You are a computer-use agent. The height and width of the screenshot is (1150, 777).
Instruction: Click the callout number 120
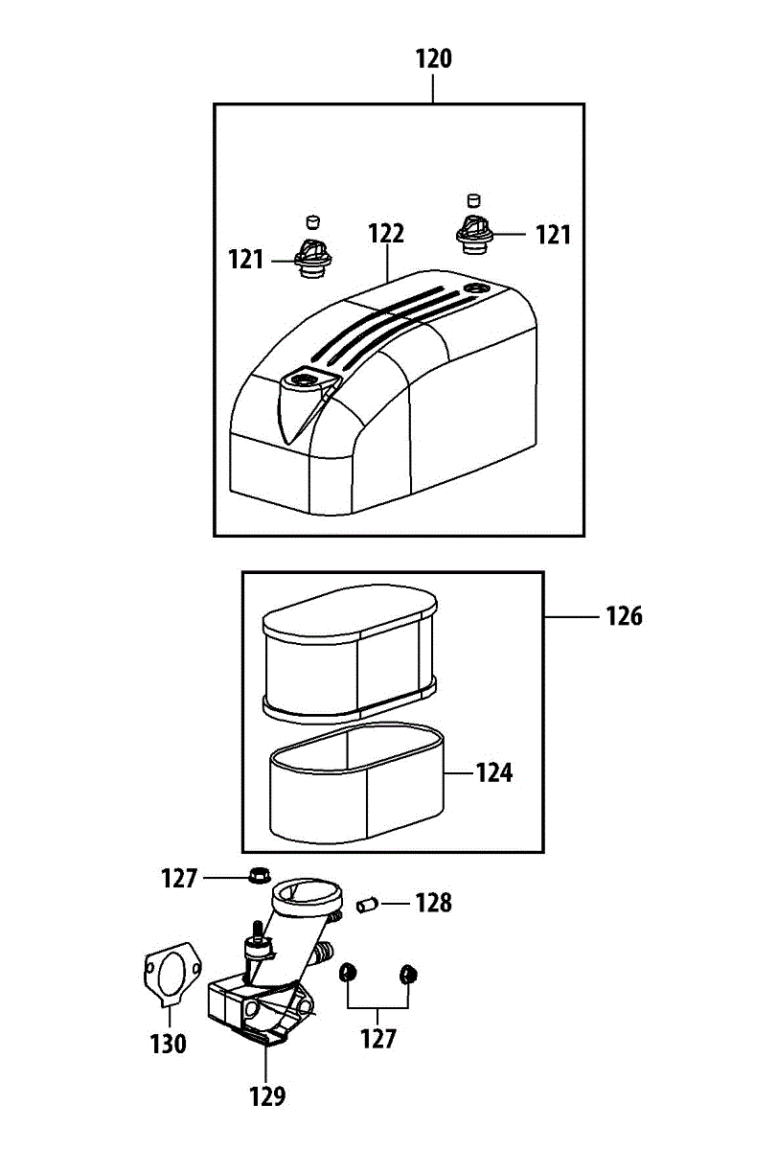pyautogui.click(x=433, y=58)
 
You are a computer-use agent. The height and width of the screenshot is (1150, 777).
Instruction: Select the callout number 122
pyautogui.click(x=386, y=234)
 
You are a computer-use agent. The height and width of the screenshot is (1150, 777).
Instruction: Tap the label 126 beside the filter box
pyautogui.click(x=624, y=616)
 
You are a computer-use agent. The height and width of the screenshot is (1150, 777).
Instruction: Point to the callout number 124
pyautogui.click(x=494, y=772)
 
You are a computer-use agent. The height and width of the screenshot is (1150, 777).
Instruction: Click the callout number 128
pyautogui.click(x=433, y=903)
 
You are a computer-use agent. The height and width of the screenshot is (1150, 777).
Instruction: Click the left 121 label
pyautogui.click(x=246, y=260)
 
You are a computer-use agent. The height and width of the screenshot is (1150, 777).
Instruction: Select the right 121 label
pyautogui.click(x=553, y=234)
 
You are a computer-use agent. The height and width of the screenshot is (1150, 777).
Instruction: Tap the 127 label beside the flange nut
pyautogui.click(x=179, y=878)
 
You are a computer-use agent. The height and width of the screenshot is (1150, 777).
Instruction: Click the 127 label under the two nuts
pyautogui.click(x=377, y=1039)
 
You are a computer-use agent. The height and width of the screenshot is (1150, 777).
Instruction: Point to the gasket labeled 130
pyautogui.click(x=169, y=977)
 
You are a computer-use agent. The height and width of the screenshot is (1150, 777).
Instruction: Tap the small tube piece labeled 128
pyautogui.click(x=368, y=904)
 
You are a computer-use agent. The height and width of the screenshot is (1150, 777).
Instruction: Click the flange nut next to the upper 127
pyautogui.click(x=258, y=874)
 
